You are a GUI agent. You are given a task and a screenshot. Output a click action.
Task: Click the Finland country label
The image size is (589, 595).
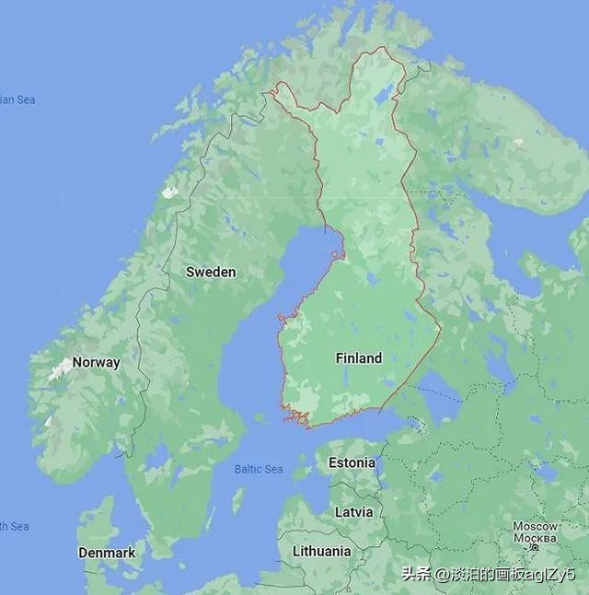click(x=358, y=358)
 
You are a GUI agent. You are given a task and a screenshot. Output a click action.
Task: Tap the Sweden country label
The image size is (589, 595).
click(x=211, y=272)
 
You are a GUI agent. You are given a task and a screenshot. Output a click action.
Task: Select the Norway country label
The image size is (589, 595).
click(x=96, y=362)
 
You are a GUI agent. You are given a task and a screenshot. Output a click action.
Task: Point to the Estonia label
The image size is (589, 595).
click(x=352, y=462)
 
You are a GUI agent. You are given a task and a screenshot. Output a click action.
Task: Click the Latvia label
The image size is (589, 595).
click(x=353, y=511)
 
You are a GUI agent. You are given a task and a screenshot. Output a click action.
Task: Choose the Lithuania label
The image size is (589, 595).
click(x=321, y=551)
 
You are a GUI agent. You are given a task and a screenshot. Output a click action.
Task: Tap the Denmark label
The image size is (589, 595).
click(x=107, y=554)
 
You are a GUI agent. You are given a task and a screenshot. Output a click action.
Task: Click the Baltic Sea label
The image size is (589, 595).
click(x=258, y=469)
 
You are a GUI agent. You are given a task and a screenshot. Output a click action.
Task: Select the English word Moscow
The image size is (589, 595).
click(x=535, y=527)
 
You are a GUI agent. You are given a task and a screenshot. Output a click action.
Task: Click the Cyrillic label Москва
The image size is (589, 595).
click(x=535, y=537)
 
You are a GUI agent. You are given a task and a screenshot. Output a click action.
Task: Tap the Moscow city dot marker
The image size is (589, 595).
click(x=535, y=547)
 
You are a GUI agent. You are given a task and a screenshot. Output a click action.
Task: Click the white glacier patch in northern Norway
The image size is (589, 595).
click(x=169, y=192)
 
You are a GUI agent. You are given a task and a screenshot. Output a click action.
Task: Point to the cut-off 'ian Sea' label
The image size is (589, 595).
click(x=17, y=99)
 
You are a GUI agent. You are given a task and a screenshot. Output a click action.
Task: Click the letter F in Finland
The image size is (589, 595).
click(x=340, y=358)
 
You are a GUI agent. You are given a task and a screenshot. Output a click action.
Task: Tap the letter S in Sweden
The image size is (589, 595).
click(x=191, y=272)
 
